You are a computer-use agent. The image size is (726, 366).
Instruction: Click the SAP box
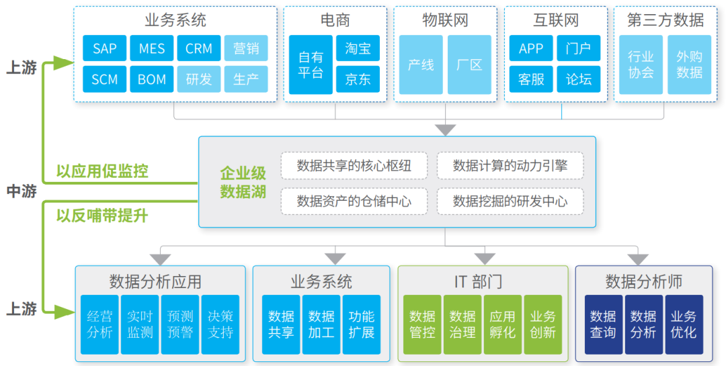point(105,48)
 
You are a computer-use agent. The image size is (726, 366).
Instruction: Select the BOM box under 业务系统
point(152,79)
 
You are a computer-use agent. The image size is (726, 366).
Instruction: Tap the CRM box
point(199,48)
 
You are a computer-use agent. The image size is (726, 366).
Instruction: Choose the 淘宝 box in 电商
point(358,48)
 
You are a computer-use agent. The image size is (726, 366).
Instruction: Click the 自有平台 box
point(311,64)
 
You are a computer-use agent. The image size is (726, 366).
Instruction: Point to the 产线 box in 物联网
point(421,64)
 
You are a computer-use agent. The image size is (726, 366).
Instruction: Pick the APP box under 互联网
point(531,48)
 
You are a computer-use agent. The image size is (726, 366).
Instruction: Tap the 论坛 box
point(578,79)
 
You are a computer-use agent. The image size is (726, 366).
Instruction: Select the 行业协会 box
point(641,64)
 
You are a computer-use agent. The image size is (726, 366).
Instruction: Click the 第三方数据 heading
point(665,20)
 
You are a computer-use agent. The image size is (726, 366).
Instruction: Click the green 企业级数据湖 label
point(243,183)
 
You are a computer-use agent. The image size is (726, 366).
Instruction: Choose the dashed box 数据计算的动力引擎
point(510,165)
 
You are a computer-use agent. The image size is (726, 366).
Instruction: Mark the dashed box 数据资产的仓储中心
point(354,201)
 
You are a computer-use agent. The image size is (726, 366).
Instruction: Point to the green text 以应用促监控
point(102,171)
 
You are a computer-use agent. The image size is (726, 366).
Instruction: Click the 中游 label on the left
point(22,191)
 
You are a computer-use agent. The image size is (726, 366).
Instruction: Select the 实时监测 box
point(140,324)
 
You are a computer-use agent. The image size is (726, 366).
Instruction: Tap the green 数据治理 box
point(462,324)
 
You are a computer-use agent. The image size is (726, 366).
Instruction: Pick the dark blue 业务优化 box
point(684,324)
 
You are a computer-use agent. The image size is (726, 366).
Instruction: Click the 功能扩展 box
point(362,324)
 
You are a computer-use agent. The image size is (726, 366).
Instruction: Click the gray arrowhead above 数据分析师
point(638,259)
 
